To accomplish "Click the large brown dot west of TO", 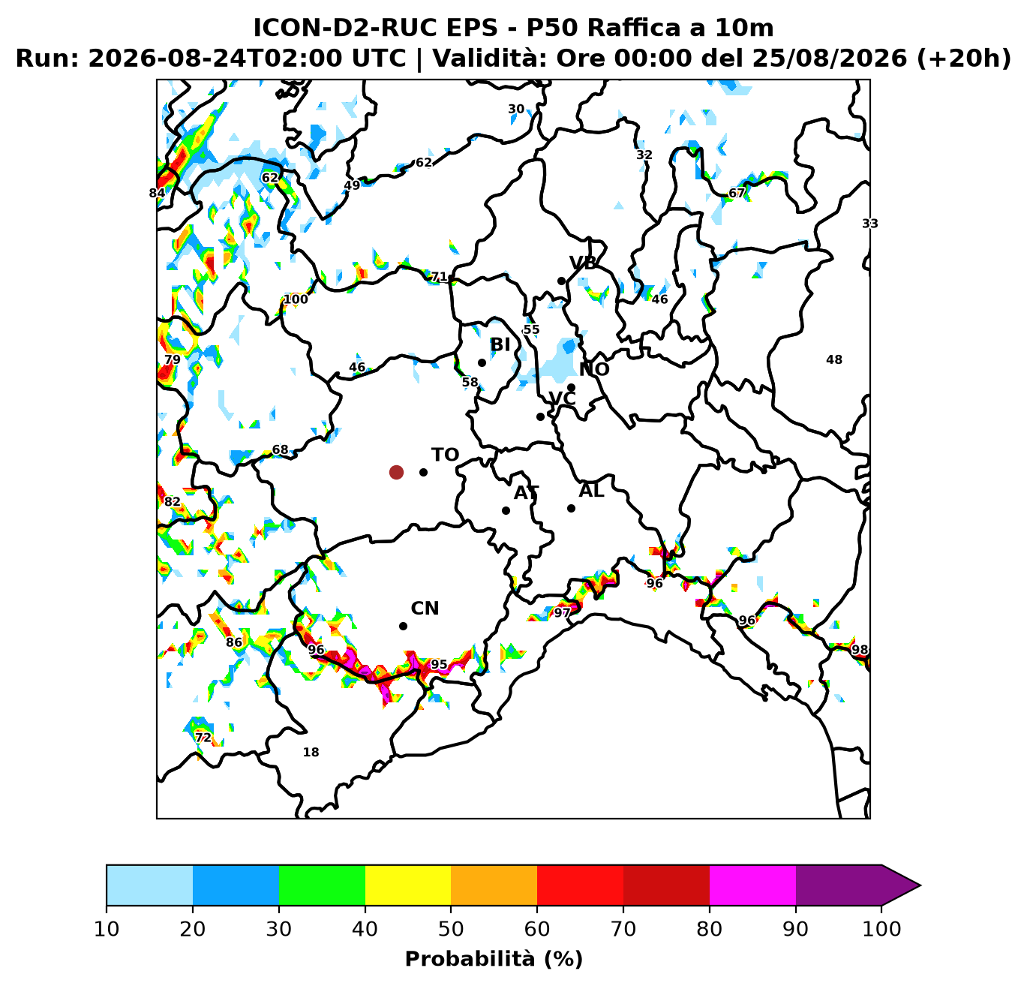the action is pos(396,473).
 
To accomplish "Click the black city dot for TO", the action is pos(423,473).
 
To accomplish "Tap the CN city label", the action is pos(425,609).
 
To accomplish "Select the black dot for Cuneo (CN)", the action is pos(403,626).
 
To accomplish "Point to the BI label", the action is pos(500,344).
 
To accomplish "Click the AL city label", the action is pos(591,491).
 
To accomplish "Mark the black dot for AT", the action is pos(506,510).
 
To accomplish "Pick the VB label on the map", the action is pos(583,263).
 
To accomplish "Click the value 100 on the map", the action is pos(296,299).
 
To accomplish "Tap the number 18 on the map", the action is pos(311,752).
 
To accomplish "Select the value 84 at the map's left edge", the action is pos(157,193).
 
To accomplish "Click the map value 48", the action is pos(834,360).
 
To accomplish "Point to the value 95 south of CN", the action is pos(439,665).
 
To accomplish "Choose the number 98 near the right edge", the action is pos(860,650).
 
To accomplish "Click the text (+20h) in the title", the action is pos(964,58).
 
